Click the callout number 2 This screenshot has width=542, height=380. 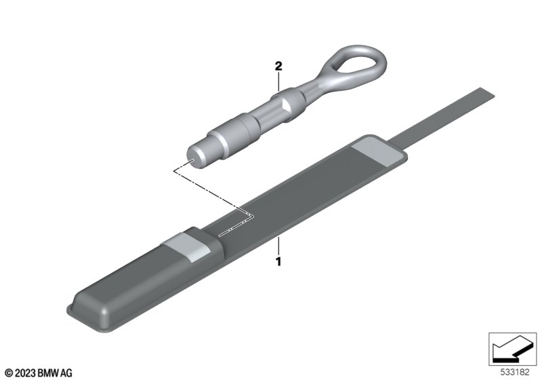pyautogui.click(x=278, y=66)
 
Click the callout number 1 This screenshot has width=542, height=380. pyautogui.click(x=278, y=262)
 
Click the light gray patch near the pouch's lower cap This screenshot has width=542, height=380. pyautogui.click(x=187, y=247)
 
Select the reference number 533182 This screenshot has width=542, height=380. pyautogui.click(x=515, y=372)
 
